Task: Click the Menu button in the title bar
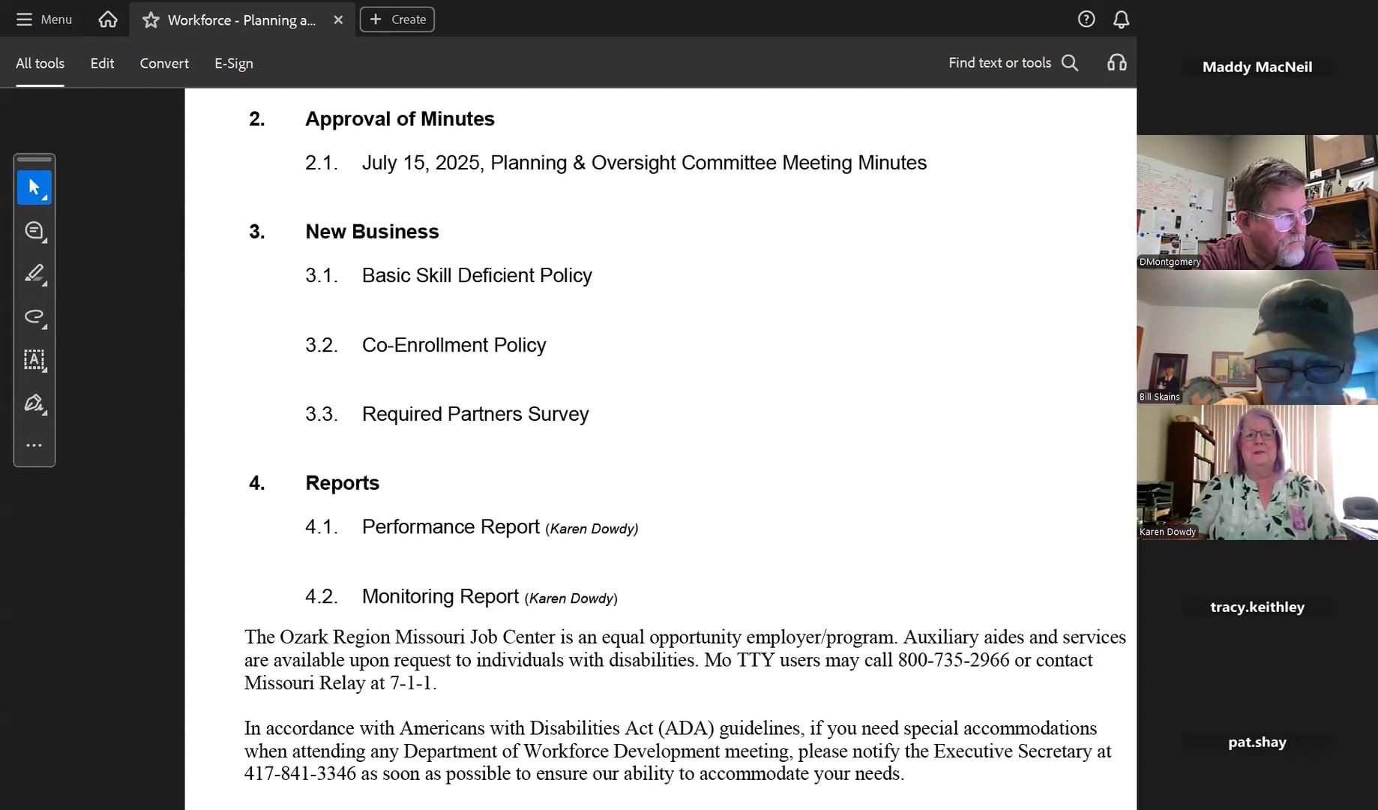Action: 44,19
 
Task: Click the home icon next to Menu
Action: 108,19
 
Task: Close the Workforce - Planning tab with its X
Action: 338,20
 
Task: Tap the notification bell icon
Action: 1121,19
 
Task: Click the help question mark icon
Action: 1086,19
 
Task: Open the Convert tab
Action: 164,64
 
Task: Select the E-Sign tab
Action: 234,64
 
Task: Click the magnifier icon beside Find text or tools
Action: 1070,63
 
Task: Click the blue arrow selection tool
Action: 34,187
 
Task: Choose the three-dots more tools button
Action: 34,445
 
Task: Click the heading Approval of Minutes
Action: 400,119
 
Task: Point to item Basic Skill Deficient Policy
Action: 477,276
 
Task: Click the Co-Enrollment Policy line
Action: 454,345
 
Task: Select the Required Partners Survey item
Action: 475,414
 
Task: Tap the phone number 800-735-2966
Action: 954,660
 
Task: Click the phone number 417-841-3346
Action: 300,774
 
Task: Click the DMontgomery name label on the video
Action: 1170,262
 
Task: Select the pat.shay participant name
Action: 1257,742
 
